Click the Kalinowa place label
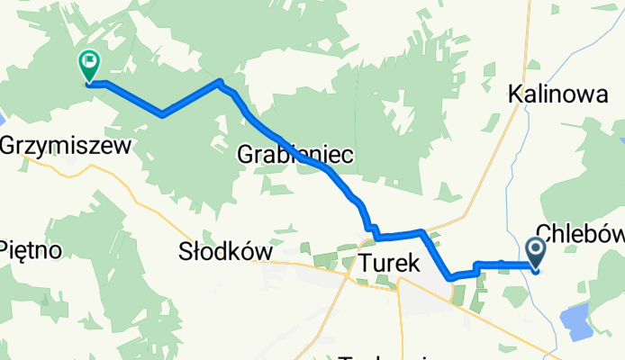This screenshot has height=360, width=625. [557, 93]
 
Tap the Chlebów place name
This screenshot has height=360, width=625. [582, 233]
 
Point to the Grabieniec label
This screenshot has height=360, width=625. [294, 155]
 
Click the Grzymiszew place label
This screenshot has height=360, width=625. [67, 144]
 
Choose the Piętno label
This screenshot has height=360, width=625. [30, 249]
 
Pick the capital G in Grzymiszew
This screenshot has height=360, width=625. [9, 144]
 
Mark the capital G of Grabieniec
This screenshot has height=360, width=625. [246, 155]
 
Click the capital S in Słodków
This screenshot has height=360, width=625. [186, 252]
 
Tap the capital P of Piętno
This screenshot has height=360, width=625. [5, 249]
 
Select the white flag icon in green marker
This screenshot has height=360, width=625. [89, 62]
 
